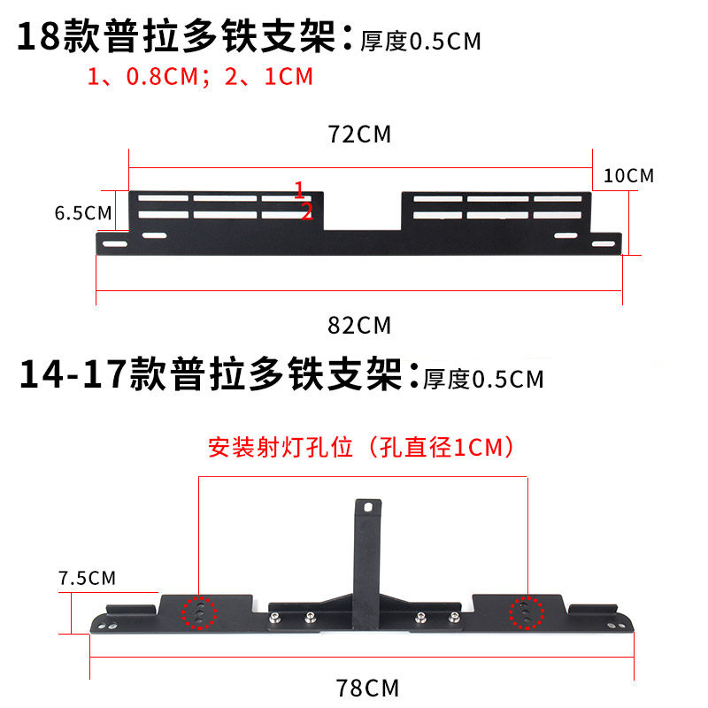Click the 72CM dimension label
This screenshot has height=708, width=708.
(x=359, y=135)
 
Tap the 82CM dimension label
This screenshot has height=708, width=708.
(x=359, y=325)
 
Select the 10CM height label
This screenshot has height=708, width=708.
(x=628, y=175)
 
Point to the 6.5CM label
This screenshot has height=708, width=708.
(x=83, y=213)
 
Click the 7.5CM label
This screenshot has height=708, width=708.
(x=87, y=579)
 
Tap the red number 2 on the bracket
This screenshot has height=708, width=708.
(x=307, y=211)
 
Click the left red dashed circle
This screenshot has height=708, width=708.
(x=200, y=612)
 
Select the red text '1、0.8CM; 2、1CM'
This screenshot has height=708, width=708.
(x=200, y=77)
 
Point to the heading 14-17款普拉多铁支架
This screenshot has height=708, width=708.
(x=212, y=373)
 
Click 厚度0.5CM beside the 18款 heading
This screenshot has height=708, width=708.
(x=420, y=42)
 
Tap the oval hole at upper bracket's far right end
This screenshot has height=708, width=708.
(x=604, y=244)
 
